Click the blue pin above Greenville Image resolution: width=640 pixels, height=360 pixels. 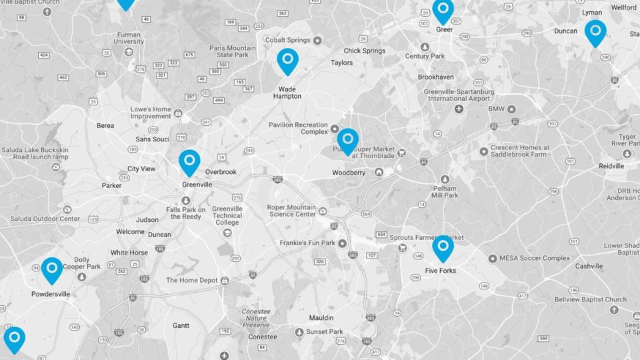[x=189, y=161]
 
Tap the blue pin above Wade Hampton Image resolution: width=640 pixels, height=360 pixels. [x=287, y=60]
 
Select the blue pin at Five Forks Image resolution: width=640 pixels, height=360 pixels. [x=443, y=247]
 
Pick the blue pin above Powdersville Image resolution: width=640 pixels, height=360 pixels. [x=52, y=269]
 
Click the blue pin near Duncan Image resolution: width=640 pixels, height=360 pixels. [x=595, y=32]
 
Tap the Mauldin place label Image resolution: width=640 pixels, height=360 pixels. [x=321, y=318]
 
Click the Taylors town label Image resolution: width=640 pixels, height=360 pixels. [x=342, y=63]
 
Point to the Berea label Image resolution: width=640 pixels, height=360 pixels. [x=105, y=125]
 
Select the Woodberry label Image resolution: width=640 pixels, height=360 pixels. [x=349, y=173]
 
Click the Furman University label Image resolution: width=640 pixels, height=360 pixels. [x=129, y=37]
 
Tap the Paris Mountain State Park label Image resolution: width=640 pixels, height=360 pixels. [x=233, y=52]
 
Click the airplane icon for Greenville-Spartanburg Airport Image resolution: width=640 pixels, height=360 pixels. [x=459, y=108]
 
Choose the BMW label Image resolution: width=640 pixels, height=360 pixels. [x=497, y=109]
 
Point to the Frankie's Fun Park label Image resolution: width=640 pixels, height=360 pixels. [x=307, y=243]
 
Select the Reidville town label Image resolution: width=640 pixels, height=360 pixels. [x=611, y=166]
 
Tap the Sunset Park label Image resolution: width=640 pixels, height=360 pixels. [x=325, y=332]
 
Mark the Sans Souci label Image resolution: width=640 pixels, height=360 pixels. [x=153, y=139]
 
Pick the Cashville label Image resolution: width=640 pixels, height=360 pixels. [x=589, y=266]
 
